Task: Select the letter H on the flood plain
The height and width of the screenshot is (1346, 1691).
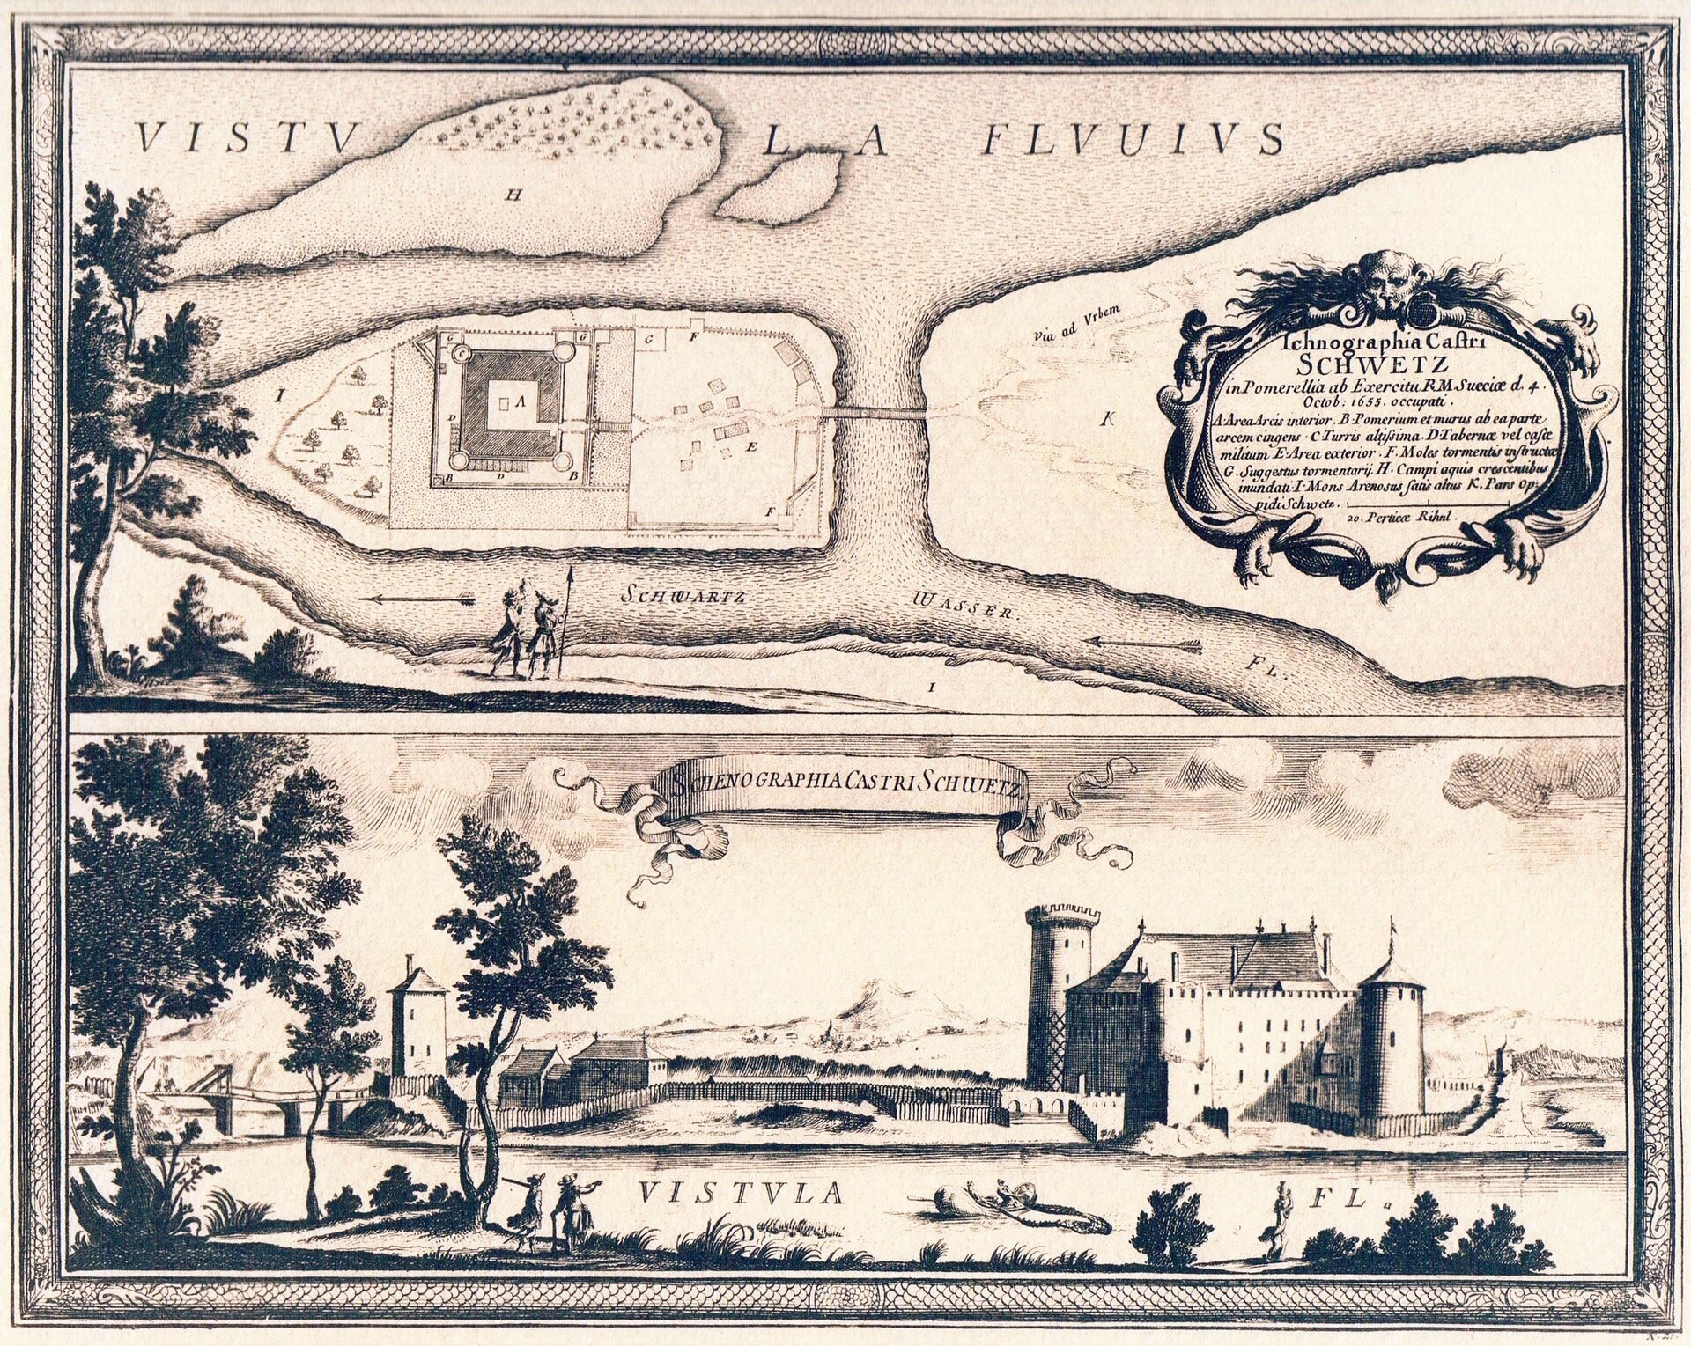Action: click(x=512, y=195)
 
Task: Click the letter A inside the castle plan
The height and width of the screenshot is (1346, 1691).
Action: click(x=519, y=401)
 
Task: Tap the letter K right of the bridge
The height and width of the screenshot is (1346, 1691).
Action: click(x=1106, y=420)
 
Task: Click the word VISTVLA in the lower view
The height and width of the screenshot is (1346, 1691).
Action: click(x=741, y=1193)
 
